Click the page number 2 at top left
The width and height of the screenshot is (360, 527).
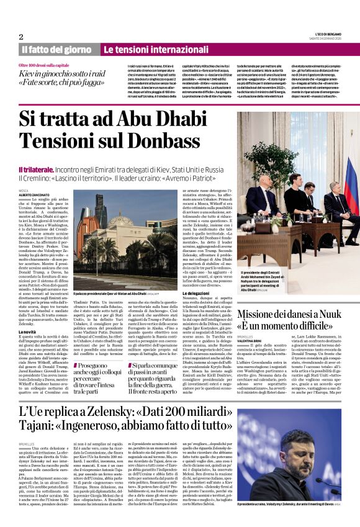pos(21,36)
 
